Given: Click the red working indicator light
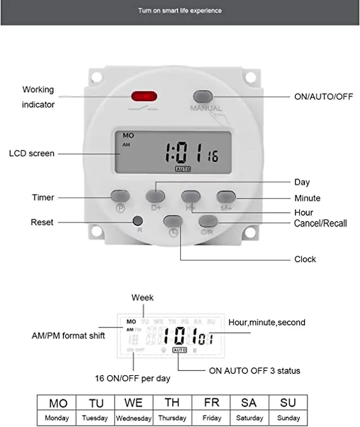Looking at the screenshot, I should click(x=144, y=97).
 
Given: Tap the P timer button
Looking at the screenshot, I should click(x=120, y=196).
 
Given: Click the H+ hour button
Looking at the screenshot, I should click(x=190, y=196).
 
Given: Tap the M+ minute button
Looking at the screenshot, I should click(x=226, y=196).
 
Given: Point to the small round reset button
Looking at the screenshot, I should click(x=137, y=221).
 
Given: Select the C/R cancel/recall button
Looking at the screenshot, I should click(x=208, y=221).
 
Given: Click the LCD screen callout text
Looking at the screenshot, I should click(x=32, y=153).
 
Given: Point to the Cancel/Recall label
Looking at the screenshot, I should click(x=320, y=223).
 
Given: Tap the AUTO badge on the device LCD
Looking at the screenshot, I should click(x=183, y=170).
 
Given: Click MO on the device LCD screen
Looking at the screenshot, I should click(x=128, y=135).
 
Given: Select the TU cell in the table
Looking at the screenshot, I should click(x=96, y=403).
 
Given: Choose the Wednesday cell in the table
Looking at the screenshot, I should click(x=133, y=418).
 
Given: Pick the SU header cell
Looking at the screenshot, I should click(x=288, y=403).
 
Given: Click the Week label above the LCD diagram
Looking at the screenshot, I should click(x=142, y=297).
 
